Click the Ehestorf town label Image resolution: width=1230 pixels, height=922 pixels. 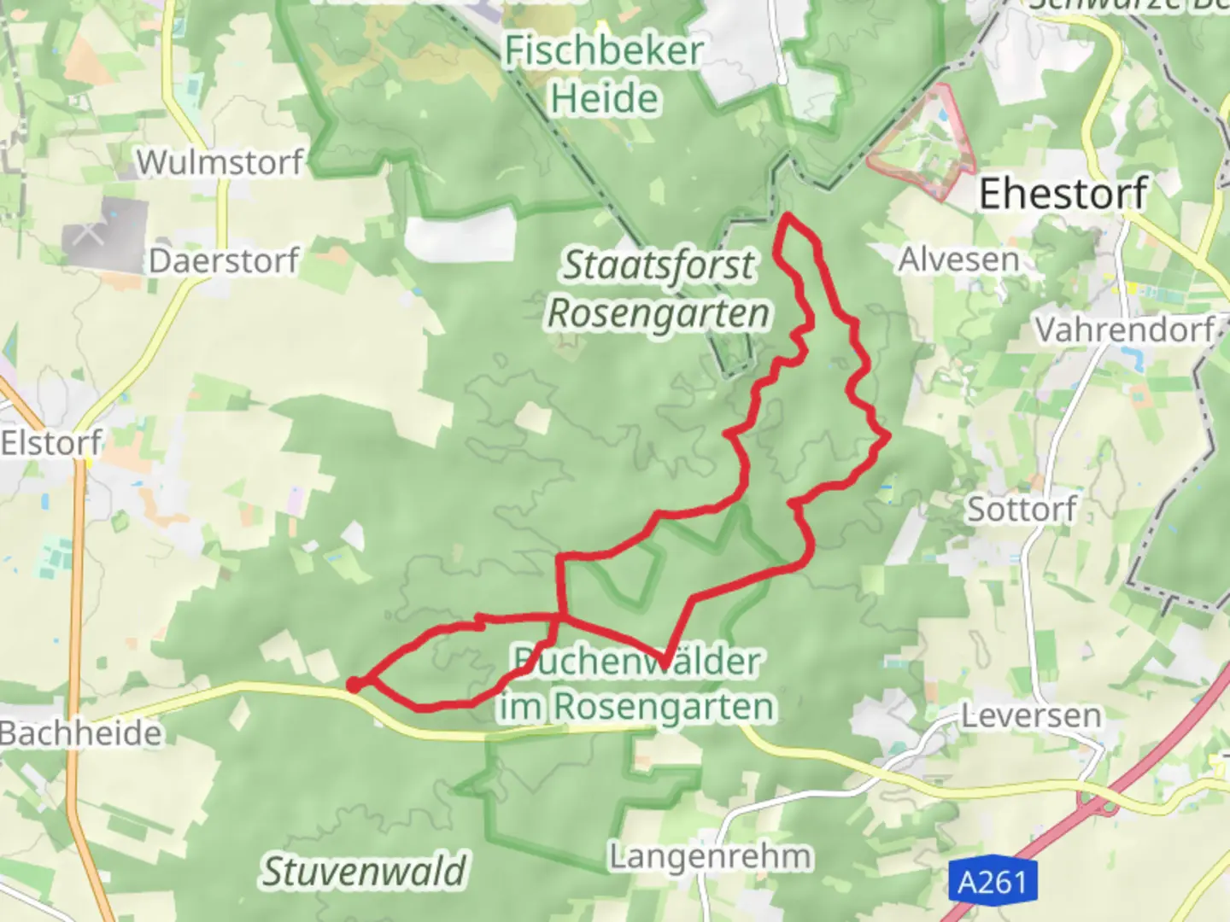coord(1063,194)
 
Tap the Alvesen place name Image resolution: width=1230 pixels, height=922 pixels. coord(958,259)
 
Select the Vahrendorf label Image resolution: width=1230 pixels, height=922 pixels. coord(1125,329)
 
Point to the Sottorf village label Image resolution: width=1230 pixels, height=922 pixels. coord(1021,510)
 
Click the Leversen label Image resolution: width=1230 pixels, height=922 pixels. coord(1031,715)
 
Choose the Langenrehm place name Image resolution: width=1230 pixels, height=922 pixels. coord(710,856)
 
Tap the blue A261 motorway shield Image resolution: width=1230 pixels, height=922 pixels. coord(992,881)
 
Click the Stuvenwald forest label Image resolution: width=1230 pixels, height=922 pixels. coord(364,872)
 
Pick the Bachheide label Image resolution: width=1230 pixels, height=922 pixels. coord(80,733)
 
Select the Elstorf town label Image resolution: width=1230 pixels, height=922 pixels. coord(51,443)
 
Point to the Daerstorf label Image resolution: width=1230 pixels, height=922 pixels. coord(224,260)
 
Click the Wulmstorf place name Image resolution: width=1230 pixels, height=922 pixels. coord(220,161)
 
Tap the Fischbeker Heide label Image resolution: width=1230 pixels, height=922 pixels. coord(604,75)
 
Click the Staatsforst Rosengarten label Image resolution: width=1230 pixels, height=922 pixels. coord(658,289)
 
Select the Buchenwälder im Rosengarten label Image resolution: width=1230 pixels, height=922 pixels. coord(637,684)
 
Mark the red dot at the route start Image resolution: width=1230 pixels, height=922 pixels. coord(353,684)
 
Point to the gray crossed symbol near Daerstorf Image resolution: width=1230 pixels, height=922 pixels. coord(89,232)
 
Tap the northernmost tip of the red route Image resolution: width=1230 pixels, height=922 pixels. coord(787,218)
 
